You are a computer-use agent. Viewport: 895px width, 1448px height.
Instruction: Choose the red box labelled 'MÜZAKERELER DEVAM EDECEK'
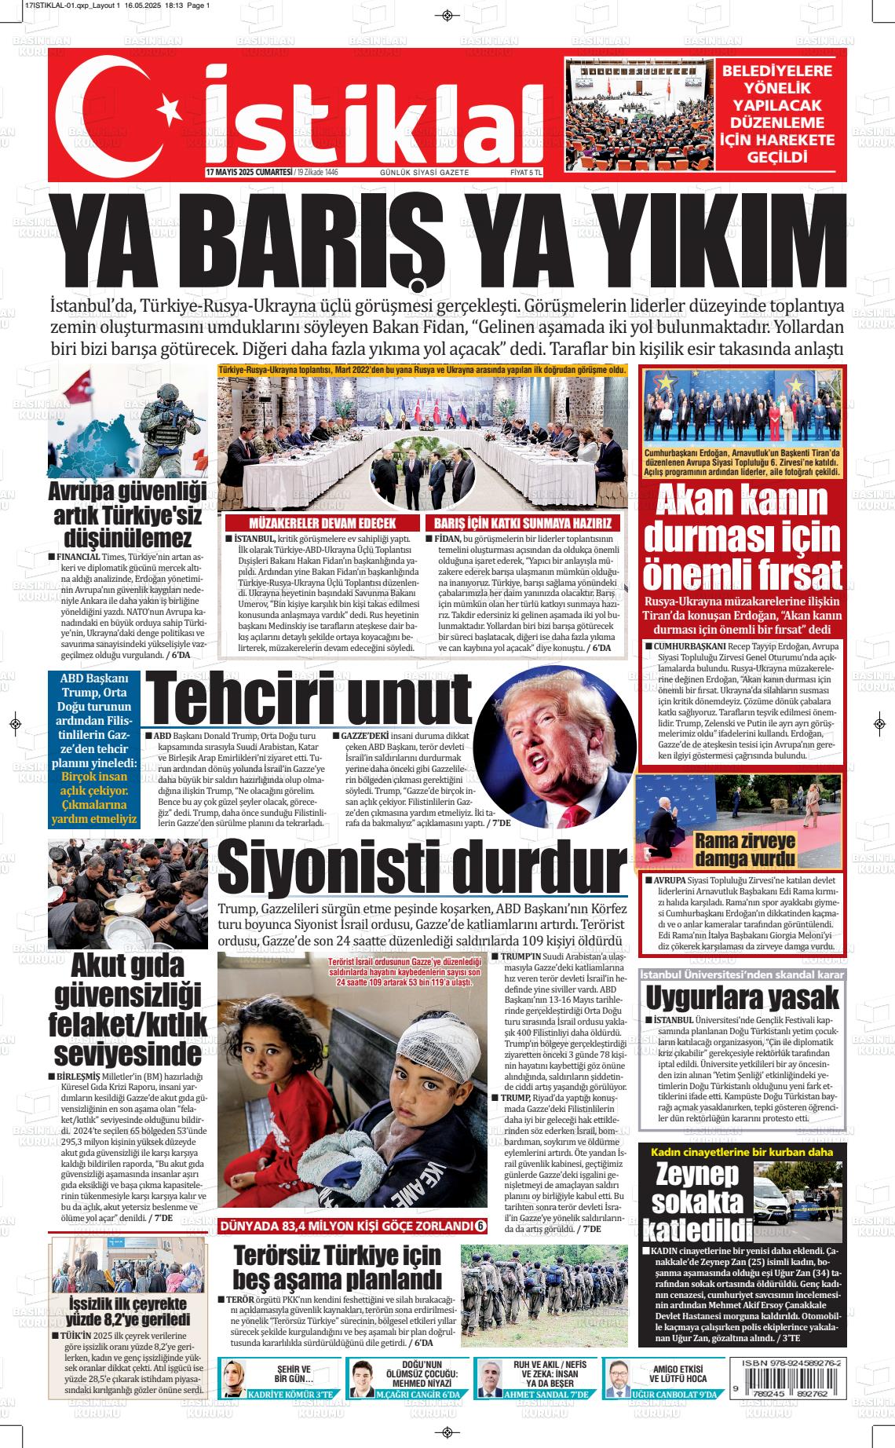[322, 523]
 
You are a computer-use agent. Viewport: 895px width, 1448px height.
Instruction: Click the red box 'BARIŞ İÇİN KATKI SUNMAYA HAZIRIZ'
[523, 523]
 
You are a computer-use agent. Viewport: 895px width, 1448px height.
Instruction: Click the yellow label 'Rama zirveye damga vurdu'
[745, 848]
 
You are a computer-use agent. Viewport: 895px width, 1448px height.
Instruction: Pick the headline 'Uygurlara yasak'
[742, 998]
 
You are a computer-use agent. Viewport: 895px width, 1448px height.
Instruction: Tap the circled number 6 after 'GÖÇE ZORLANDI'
[481, 1226]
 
